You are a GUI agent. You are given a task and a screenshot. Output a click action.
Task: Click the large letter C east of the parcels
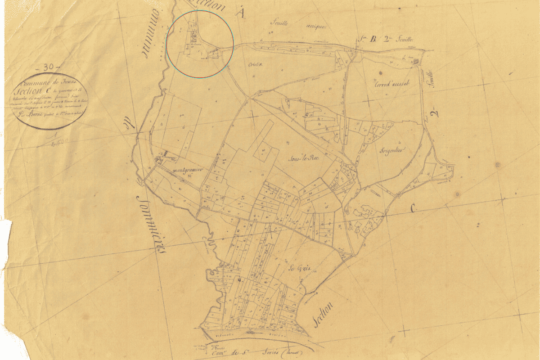tap(413, 208)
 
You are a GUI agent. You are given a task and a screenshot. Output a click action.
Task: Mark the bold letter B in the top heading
tap(372, 39)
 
